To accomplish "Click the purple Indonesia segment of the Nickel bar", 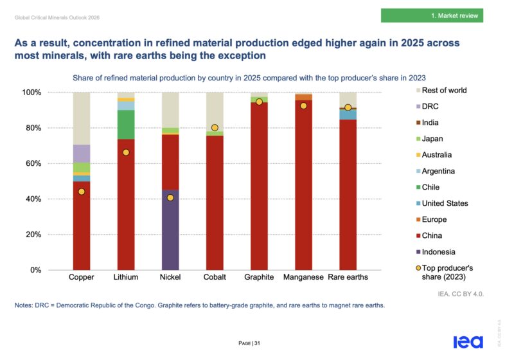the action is [170, 230].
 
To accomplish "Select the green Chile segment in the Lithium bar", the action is [126, 125].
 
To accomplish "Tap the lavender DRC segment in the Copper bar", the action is [82, 154].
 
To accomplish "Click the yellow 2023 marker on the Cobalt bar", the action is [215, 127].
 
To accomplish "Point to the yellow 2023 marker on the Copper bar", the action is [82, 192].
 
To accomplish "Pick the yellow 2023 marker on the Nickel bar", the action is [170, 197].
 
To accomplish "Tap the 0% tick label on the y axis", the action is [36, 270].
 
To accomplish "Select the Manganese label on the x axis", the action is [303, 277].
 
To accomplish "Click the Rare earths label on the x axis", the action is [348, 277].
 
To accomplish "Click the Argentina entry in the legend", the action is [436, 171].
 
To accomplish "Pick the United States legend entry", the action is [442, 203].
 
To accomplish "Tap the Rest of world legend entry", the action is [441, 90].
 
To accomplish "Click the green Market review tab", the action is [432, 15].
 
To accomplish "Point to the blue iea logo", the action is [468, 342].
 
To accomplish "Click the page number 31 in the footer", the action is [257, 343].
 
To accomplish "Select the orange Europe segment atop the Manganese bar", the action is [303, 97].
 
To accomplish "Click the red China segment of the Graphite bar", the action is [259, 186].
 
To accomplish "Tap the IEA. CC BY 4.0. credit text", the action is [461, 294].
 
